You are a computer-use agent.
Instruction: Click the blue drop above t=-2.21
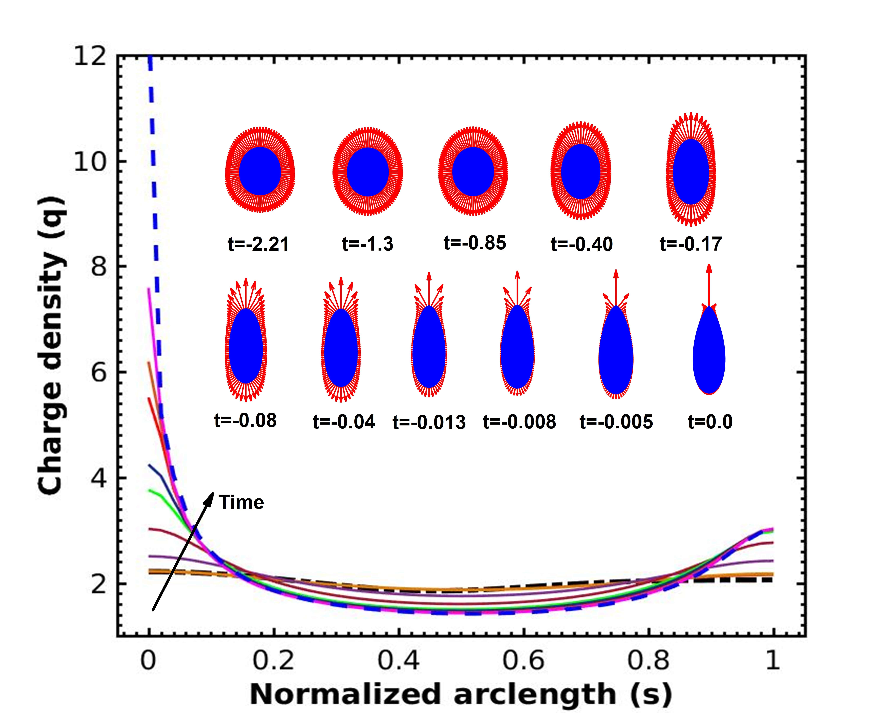260,171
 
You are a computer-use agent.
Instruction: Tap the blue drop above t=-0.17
691,172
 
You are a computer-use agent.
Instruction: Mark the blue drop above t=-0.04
341,349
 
